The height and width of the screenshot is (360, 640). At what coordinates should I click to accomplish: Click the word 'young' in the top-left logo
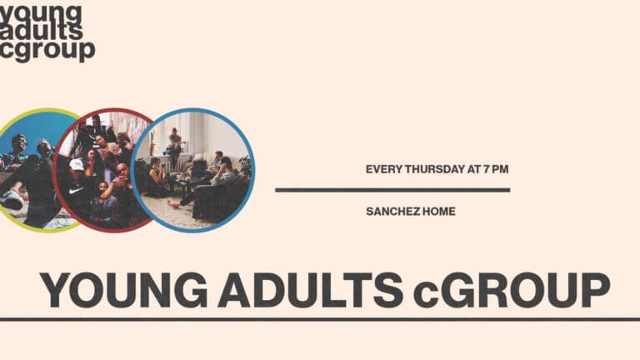click(x=42, y=13)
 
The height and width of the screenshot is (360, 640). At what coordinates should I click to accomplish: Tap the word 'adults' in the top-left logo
click(x=42, y=31)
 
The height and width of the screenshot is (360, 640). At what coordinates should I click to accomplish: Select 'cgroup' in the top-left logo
click(x=47, y=50)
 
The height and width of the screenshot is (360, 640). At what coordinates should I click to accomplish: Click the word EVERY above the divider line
click(x=384, y=169)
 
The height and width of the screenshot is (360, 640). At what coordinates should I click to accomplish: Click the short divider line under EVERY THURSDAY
click(x=392, y=190)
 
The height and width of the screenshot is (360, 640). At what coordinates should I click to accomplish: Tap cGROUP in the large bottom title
click(x=512, y=291)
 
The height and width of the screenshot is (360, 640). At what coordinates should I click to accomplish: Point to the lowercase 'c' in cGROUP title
click(x=428, y=294)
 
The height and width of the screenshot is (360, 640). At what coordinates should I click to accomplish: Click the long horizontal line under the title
click(x=320, y=319)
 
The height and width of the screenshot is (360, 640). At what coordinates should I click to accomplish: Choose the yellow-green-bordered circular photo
click(x=29, y=169)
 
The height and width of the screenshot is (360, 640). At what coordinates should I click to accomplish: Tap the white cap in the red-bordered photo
click(x=77, y=165)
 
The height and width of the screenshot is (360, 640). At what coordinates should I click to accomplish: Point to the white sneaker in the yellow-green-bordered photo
click(x=12, y=200)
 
